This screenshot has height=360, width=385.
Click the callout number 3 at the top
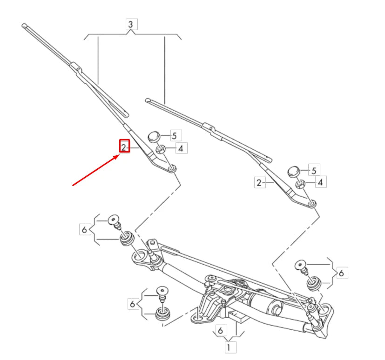coord(131,24)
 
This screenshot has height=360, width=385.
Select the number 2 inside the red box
coord(124,147)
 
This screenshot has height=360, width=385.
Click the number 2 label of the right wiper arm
coord(259,182)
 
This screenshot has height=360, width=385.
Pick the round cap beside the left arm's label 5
coord(154,137)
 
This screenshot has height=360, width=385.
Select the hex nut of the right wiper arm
coord(301,183)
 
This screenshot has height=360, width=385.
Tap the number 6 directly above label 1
coord(220,330)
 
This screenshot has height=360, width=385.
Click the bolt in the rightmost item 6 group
coord(300,267)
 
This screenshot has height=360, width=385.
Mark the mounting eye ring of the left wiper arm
coord(172,167)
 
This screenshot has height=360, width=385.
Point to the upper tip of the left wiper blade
coord(24,26)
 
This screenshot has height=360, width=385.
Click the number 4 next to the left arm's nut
coord(181,149)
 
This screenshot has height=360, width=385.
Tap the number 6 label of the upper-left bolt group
coord(84,229)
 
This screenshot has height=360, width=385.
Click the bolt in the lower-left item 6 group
coord(162,292)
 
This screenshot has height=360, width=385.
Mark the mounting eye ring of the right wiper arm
coord(312,203)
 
